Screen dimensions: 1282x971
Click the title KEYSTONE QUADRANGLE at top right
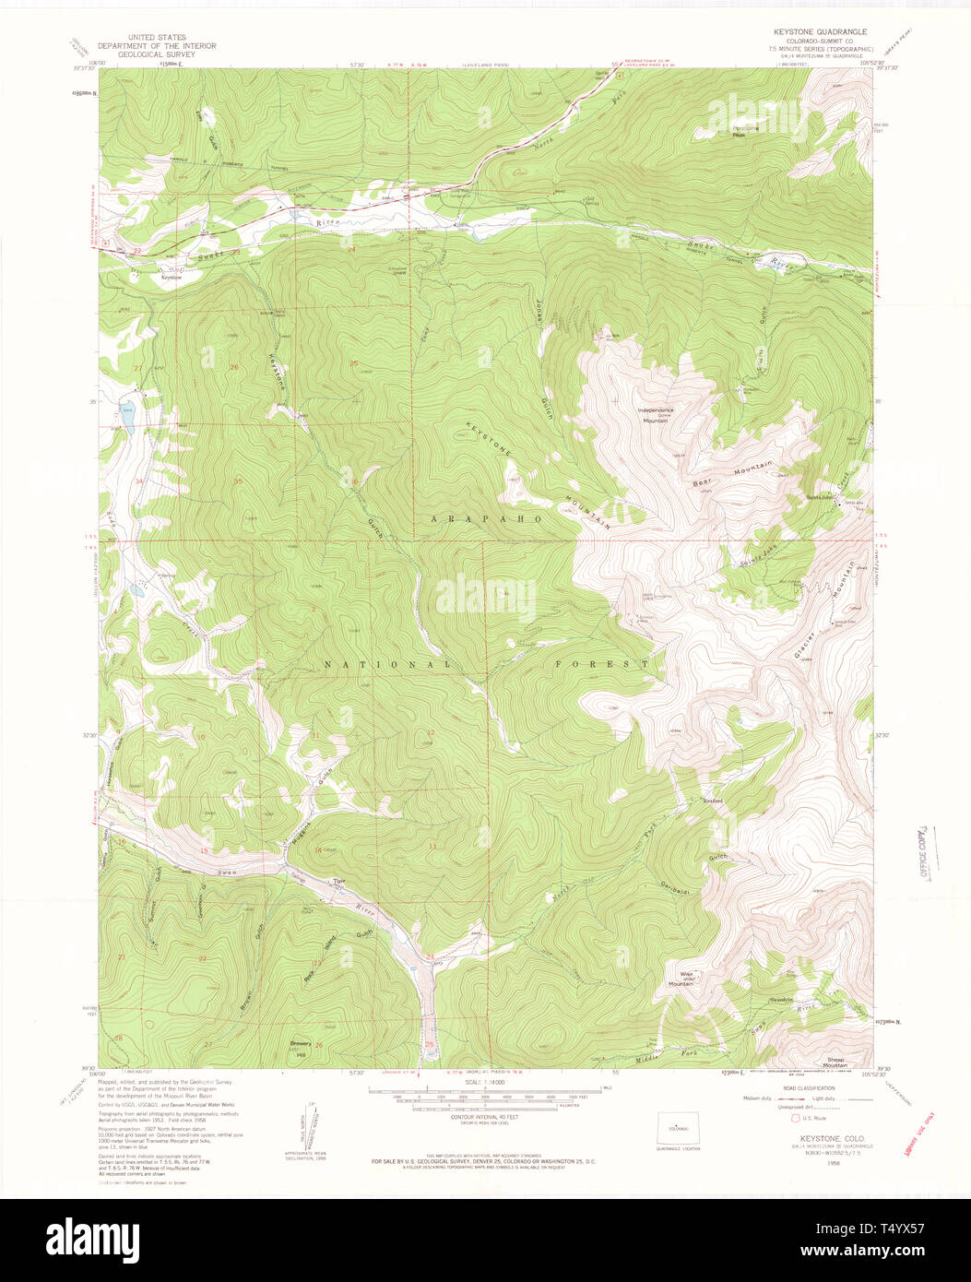tap(820, 31)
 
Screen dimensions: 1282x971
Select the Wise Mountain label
tap(681, 979)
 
